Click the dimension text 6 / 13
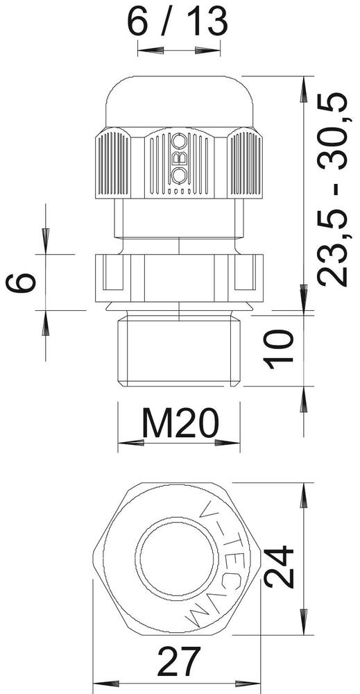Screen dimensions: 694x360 (x=178, y=23)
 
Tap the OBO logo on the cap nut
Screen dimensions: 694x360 (x=179, y=159)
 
